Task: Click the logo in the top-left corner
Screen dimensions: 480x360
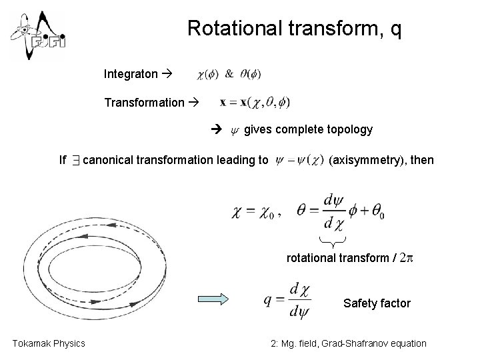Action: click(x=36, y=35)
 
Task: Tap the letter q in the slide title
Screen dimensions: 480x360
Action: click(x=395, y=30)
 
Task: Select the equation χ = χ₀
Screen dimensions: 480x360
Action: click(x=256, y=211)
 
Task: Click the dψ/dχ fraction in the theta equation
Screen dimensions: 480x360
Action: click(x=330, y=210)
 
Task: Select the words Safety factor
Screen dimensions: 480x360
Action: click(x=377, y=303)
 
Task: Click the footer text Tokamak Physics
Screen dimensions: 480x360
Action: click(x=49, y=343)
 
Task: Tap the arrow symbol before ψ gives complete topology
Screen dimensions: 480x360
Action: click(x=216, y=129)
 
